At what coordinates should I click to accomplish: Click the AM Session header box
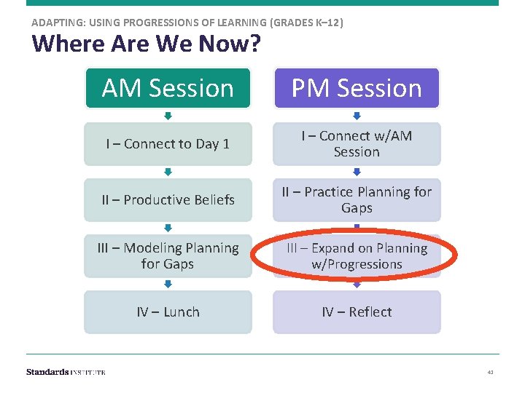tap(168, 88)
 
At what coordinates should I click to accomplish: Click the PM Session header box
tap(357, 88)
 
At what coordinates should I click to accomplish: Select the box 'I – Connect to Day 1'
tap(168, 144)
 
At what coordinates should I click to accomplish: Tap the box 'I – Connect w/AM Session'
tap(357, 144)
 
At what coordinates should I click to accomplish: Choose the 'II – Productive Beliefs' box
tap(168, 200)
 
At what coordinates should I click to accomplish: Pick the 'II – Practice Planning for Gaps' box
tap(357, 200)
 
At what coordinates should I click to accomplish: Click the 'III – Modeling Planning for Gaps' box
tap(168, 256)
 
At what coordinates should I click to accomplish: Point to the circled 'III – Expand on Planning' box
tap(357, 256)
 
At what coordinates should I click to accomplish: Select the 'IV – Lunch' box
tap(168, 312)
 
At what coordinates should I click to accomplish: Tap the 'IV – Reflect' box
tap(357, 312)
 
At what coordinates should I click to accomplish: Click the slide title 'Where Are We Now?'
tap(146, 44)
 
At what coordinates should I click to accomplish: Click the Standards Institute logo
tap(66, 372)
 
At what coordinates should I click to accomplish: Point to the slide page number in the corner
tap(490, 373)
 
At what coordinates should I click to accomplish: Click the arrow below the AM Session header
tap(168, 116)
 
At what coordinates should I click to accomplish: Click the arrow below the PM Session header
tap(357, 116)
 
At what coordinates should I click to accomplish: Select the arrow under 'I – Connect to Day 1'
tap(168, 172)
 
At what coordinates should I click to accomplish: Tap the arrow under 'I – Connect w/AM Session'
tap(357, 172)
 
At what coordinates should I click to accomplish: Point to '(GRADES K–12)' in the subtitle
tap(306, 23)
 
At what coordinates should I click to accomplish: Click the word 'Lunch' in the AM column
tap(181, 312)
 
